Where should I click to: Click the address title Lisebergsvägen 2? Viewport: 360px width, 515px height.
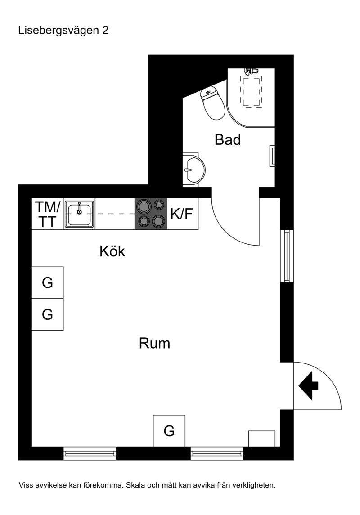coord(63,31)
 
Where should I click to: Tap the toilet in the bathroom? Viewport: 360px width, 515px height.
coord(212,103)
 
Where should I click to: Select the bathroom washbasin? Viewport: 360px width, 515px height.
coord(193,170)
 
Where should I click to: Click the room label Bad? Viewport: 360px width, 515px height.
coord(228,139)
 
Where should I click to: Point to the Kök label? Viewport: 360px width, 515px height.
coord(112,251)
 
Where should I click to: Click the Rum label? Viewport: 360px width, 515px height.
coord(154,343)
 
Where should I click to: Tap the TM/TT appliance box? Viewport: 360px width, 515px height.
coord(48,214)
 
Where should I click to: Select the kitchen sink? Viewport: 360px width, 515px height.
coord(79,214)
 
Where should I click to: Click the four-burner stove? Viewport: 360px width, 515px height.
coord(151,214)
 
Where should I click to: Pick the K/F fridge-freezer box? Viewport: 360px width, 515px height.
coord(182,214)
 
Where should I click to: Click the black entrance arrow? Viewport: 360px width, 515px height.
coord(308,386)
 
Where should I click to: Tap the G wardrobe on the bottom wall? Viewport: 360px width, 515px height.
coord(169,430)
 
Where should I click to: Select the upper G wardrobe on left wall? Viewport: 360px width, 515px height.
coord(48,282)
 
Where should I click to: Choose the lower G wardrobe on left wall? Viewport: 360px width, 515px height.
coord(48,314)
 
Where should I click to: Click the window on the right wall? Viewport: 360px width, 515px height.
coord(287,256)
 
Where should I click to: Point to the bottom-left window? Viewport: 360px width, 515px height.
coord(90,453)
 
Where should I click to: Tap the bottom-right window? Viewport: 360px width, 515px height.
coord(217,453)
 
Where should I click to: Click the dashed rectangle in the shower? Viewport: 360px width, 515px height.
coord(252,92)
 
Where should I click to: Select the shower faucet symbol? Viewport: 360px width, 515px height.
coord(251,71)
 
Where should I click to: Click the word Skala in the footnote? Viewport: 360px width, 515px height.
coord(135,485)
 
